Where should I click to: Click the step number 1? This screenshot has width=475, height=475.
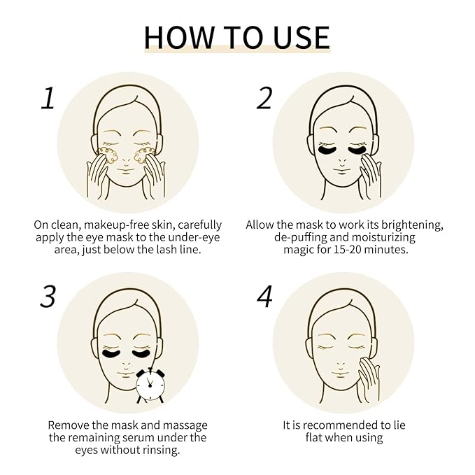47,98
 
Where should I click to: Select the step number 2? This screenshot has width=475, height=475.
264,98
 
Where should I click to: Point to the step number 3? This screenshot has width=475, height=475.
47,297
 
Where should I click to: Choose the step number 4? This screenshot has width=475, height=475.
264,297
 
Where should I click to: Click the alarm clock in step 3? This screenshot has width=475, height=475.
150,384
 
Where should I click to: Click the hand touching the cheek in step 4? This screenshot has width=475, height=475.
366,369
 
